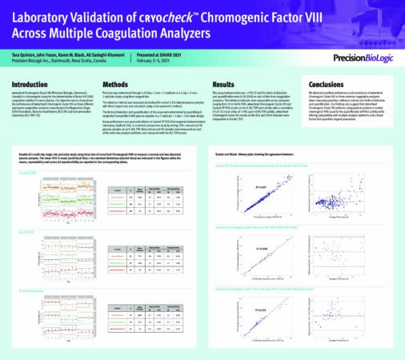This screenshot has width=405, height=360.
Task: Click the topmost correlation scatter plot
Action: pos(276,192)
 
